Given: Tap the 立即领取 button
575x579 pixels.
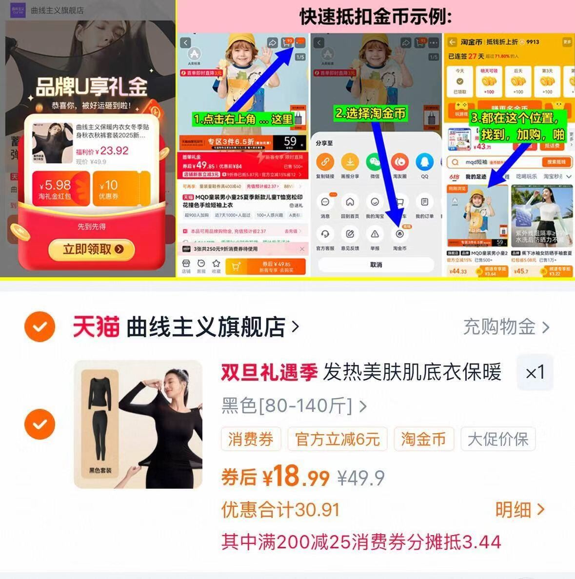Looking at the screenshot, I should click(92, 250).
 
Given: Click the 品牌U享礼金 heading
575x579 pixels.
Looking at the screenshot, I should click(91, 87).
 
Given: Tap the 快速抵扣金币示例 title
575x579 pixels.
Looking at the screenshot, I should click(376, 17).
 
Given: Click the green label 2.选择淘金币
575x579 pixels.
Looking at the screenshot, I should click(371, 114).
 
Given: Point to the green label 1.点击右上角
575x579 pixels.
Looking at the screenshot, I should click(243, 119).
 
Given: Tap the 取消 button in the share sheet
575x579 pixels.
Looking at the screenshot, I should click(376, 265).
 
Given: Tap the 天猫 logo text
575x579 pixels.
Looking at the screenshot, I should click(96, 327).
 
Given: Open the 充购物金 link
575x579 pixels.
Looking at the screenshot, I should click(506, 327).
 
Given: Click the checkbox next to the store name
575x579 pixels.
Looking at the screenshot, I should click(40, 327).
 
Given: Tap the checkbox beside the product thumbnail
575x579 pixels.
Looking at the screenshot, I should click(40, 424).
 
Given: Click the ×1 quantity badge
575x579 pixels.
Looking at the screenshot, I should click(535, 373).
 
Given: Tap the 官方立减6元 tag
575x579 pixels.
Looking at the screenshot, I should click(337, 439).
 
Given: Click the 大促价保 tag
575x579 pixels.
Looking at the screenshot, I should click(498, 439).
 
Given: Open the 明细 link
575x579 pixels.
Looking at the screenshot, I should click(519, 510).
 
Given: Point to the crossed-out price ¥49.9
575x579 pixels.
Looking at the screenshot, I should click(361, 478).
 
